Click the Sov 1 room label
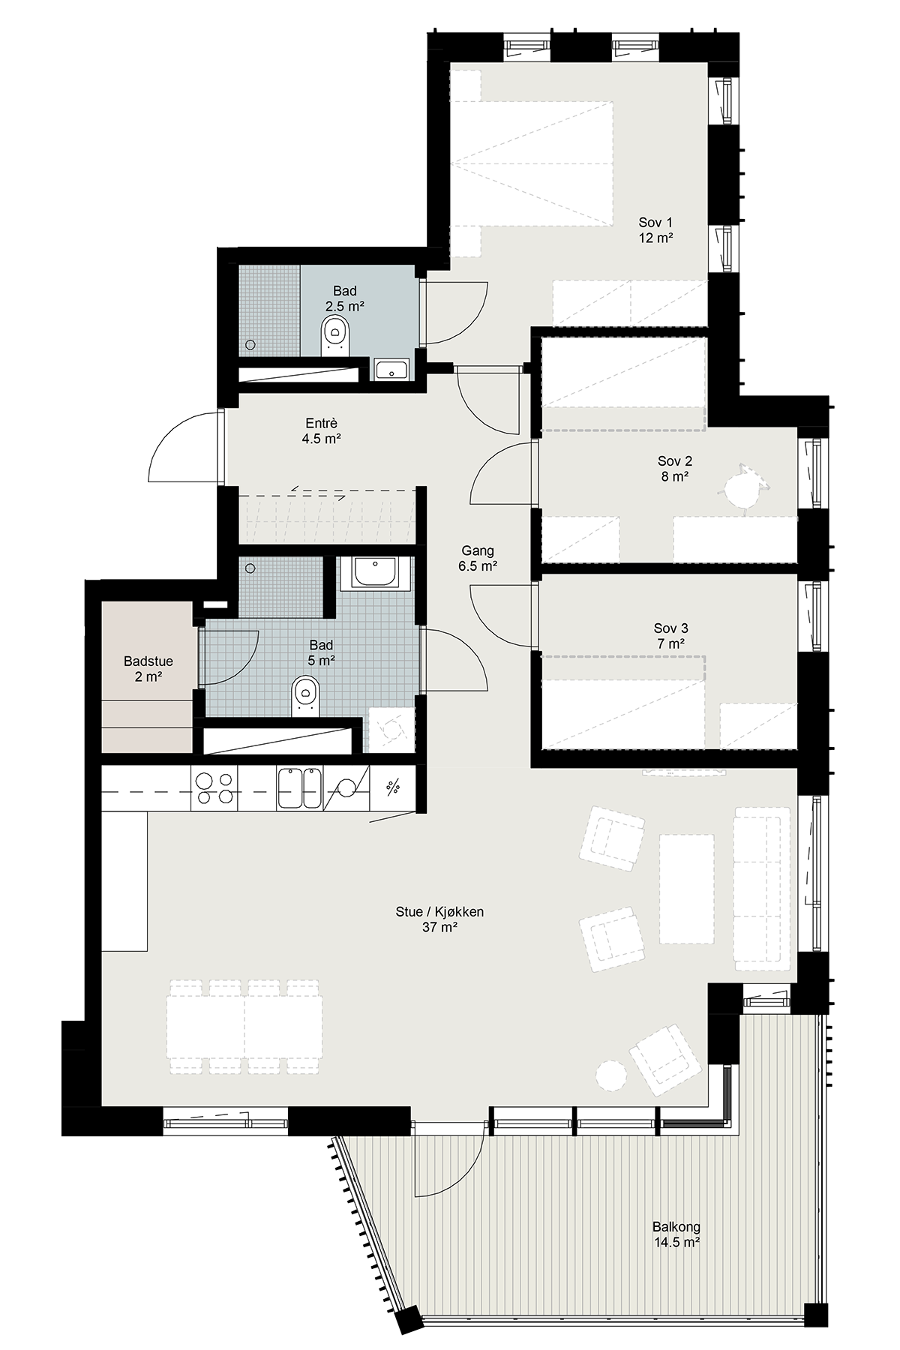tap(655, 229)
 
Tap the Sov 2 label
tap(674, 468)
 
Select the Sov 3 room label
tap(670, 635)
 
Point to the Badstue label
tap(148, 668)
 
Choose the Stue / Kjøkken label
tap(439, 919)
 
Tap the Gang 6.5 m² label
tap(478, 558)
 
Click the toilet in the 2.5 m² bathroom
tap(334, 335)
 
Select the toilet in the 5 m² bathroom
tap(305, 694)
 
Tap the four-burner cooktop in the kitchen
tap(215, 790)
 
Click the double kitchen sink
tap(300, 788)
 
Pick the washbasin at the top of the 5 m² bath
tap(375, 572)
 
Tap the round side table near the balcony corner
tap(610, 1075)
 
